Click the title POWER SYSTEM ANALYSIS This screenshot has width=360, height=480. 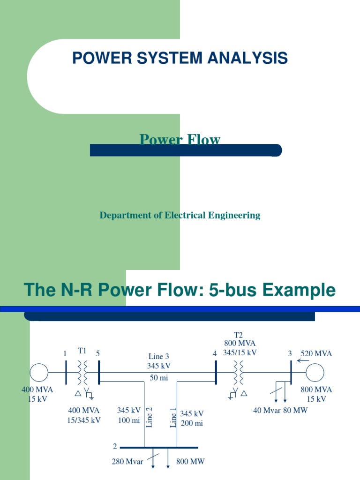coord(180,58)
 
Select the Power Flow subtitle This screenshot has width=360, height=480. coord(180,139)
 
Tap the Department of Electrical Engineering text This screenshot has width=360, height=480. coord(180,215)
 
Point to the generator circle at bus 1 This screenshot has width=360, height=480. coord(39,373)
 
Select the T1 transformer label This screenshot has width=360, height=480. coord(82,351)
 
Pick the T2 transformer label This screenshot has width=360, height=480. coord(239,335)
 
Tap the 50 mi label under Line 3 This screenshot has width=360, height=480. coord(158,378)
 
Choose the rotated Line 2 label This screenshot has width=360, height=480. coord(150,417)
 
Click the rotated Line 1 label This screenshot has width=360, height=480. coord(173,417)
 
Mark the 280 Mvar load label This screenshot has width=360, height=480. coord(127,462)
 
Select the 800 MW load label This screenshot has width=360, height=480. coord(190,462)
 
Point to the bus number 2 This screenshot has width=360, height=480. coord(115,447)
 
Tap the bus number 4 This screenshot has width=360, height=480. coord(215,354)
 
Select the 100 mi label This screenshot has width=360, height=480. coord(129,420)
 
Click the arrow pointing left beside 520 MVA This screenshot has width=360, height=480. coord(303,360)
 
